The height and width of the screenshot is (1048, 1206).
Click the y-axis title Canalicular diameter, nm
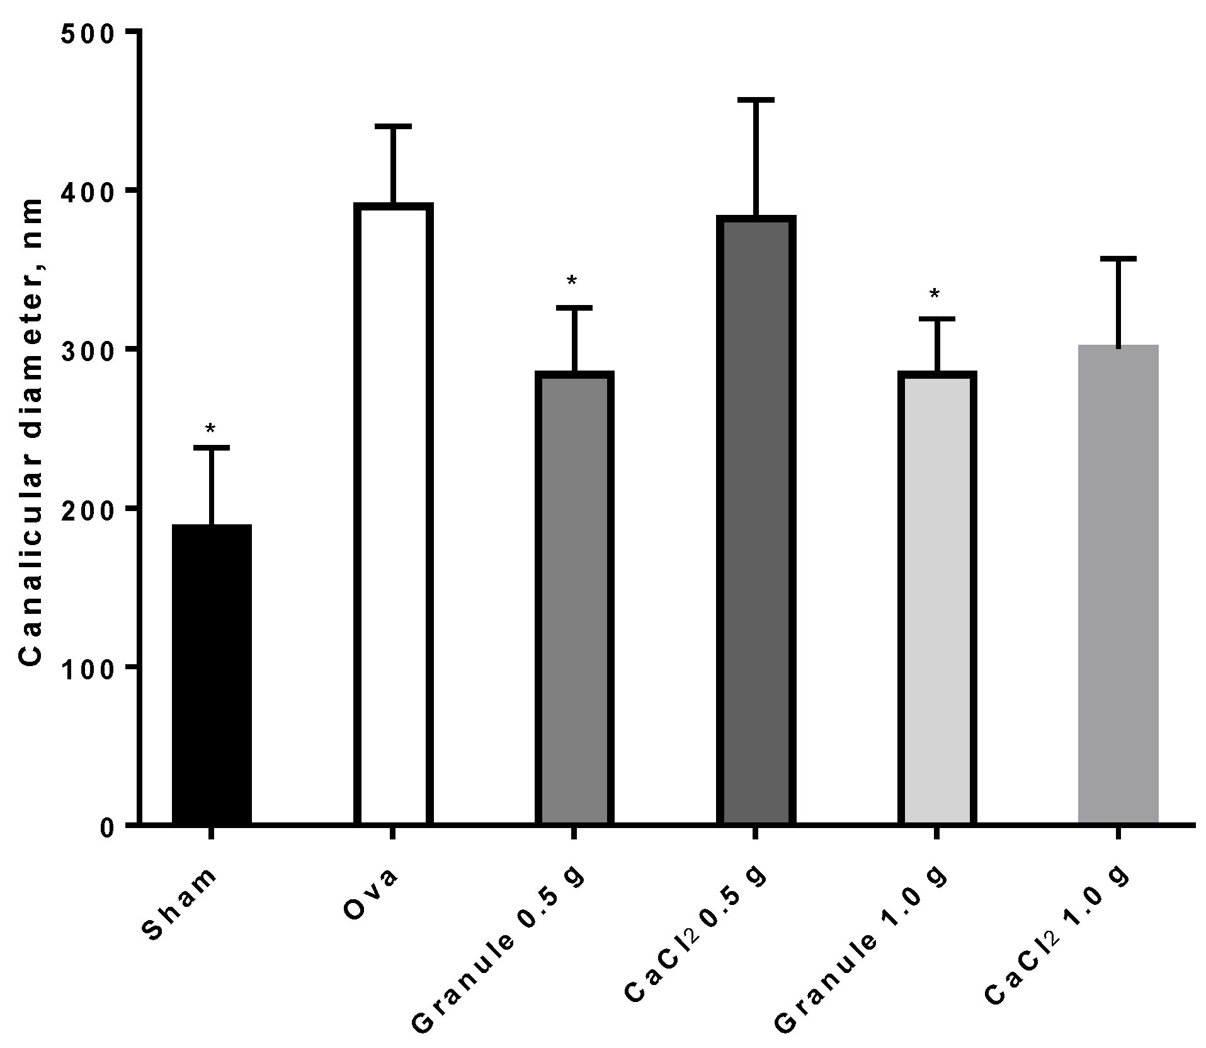click(x=30, y=432)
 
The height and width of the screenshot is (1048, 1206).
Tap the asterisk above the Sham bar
click(x=211, y=430)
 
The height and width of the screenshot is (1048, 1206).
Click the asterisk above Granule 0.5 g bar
click(x=572, y=282)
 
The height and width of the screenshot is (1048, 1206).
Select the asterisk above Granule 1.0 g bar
click(x=935, y=295)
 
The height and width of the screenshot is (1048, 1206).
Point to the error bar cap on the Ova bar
click(x=393, y=127)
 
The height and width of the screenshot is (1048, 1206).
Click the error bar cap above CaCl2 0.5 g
click(x=756, y=100)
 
